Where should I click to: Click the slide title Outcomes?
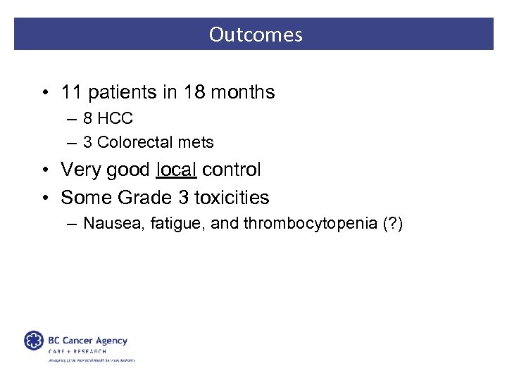[256, 34]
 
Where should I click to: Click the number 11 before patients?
[72, 92]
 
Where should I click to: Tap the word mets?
[196, 142]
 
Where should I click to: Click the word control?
[231, 170]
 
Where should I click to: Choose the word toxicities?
[231, 198]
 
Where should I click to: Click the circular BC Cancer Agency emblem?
[33, 341]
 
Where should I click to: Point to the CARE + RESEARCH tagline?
[77, 351]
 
